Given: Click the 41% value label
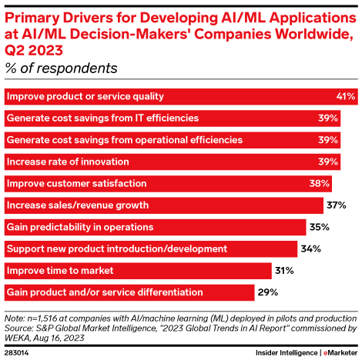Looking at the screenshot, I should coord(346,97).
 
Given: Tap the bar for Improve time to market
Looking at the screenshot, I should coord(138,271).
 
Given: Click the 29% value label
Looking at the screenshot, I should coord(267,292).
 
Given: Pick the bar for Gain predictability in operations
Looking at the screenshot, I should coord(155,228).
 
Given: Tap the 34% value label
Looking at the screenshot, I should coord(310,249).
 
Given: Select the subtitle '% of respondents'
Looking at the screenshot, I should coord(62,68).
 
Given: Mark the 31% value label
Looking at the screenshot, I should coord(284,271).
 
